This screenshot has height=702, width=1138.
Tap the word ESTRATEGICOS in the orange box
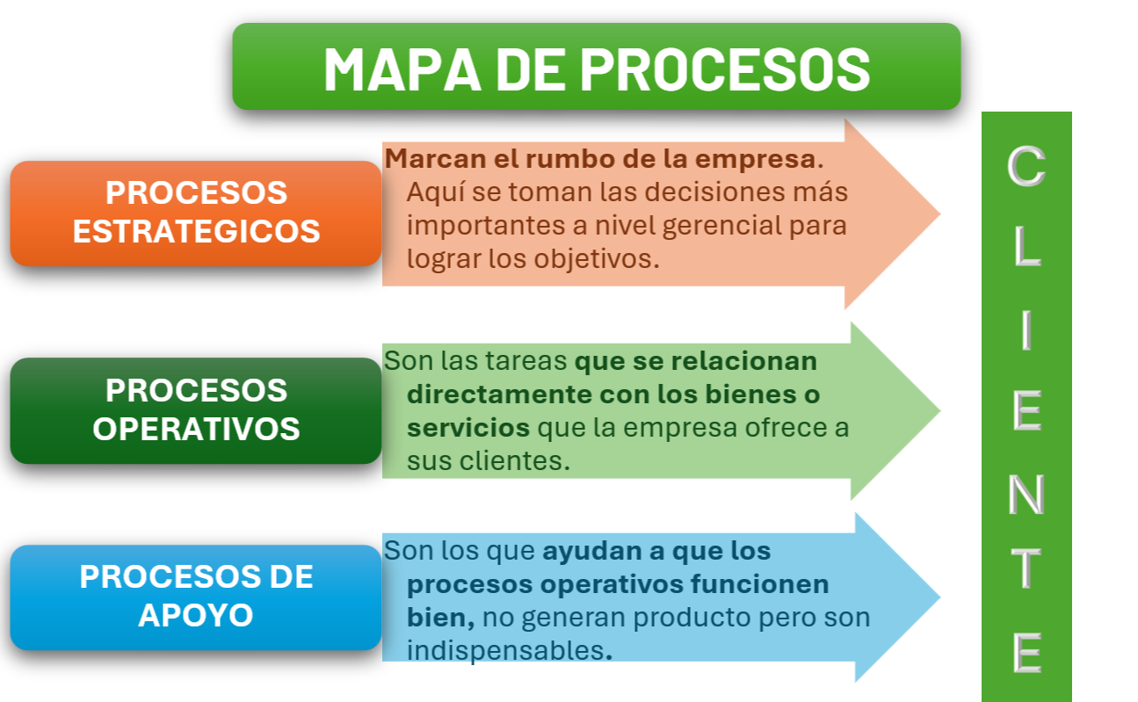point(196,231)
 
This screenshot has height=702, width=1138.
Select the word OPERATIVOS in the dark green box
point(196,429)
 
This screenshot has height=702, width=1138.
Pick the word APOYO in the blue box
point(196,615)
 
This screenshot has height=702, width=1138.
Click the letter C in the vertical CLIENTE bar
point(1026,166)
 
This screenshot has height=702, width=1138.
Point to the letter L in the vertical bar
point(1028,246)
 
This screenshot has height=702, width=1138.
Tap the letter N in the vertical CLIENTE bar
point(1026,495)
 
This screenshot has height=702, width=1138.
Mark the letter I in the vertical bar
point(1026,330)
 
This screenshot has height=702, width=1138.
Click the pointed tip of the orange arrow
point(940,213)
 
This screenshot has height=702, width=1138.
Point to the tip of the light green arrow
point(940,410)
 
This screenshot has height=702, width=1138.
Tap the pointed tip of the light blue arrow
point(940,597)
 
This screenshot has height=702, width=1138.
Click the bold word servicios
point(468,428)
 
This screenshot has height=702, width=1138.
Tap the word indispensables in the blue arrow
point(506,650)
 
